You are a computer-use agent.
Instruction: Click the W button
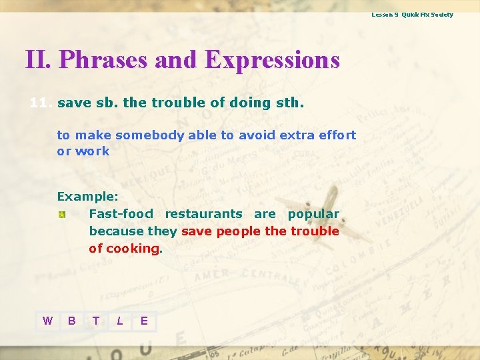[x=47, y=321]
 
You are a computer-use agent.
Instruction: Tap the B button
[x=71, y=321]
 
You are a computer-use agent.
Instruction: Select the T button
[x=96, y=321]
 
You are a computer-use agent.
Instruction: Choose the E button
[x=144, y=321]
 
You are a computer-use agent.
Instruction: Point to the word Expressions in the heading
[x=273, y=60]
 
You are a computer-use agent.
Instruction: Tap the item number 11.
[x=41, y=103]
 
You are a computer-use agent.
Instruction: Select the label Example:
[x=87, y=197]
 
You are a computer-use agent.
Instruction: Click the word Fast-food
[x=121, y=214]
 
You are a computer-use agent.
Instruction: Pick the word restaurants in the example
[x=203, y=214]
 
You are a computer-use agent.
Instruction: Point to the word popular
[x=313, y=214]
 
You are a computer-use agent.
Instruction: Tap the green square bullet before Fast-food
[x=61, y=215]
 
